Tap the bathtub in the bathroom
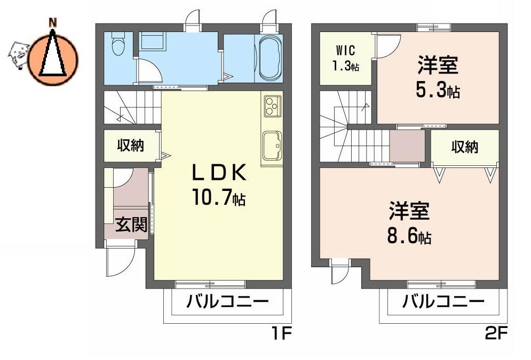coord(270,58)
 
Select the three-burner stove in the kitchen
coord(272,106)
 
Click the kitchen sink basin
coord(272,146)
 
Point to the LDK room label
coord(219,173)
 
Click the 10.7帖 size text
coord(218,197)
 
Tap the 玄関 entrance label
coord(131,224)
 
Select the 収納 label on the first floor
coord(131,146)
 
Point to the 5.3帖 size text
coord(438,91)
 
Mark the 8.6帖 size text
coord(409,236)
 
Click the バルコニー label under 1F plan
coord(227,301)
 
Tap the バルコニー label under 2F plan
coord(443,301)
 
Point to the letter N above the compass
coord(53,23)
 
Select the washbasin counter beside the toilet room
coord(152,41)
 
